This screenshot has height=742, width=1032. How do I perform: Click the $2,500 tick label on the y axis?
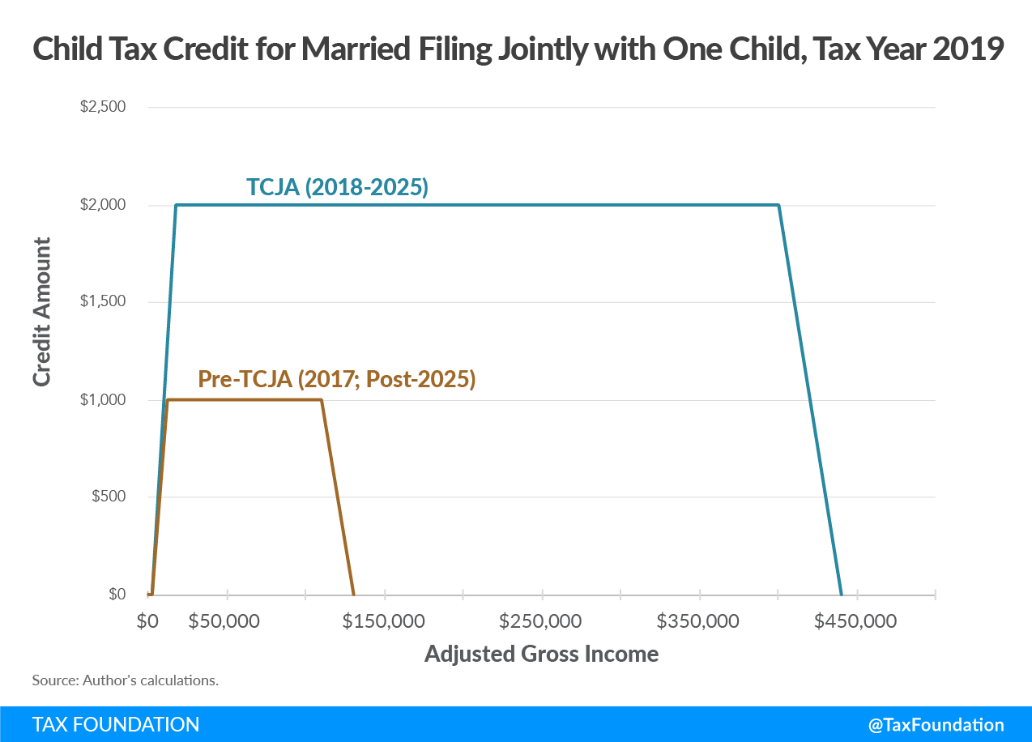point(102,107)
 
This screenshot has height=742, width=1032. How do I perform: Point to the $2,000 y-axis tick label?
point(102,205)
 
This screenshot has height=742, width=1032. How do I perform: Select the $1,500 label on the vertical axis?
point(102,302)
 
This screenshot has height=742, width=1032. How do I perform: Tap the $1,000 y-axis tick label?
point(102,400)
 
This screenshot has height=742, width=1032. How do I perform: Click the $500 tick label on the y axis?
point(109,497)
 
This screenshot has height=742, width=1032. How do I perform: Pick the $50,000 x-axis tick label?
point(224,621)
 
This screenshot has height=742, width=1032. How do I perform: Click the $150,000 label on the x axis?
point(382,621)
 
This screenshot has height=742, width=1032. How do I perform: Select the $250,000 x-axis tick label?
point(540,621)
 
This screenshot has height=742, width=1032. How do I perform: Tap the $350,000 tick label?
point(697,621)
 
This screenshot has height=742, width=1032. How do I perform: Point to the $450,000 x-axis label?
point(855,621)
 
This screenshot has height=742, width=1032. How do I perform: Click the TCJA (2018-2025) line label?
point(337,188)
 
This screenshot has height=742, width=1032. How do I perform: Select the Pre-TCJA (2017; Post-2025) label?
point(336,379)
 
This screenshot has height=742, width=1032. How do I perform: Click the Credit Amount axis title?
point(42,312)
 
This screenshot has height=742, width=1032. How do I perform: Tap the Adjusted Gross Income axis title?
point(541,654)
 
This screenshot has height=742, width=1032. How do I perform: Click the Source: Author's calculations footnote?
point(125,680)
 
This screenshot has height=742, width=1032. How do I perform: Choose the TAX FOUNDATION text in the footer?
point(116,724)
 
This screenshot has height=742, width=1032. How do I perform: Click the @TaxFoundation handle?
point(936,725)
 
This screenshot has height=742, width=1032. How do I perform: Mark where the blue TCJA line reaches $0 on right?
point(841,595)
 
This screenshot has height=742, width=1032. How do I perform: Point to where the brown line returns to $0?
point(353,595)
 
